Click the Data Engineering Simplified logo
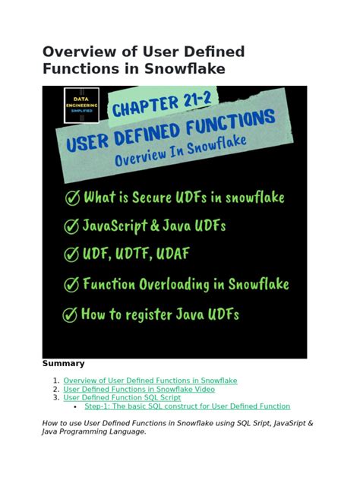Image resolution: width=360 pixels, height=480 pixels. tap(81, 106)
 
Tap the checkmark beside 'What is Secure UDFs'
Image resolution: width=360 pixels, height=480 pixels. tap(73, 197)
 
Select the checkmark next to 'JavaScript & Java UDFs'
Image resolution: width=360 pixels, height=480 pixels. tap(71, 226)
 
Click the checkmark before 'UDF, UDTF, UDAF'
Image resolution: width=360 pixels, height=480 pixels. tap(71, 254)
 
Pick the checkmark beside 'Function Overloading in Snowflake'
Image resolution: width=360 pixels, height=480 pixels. tap(71, 284)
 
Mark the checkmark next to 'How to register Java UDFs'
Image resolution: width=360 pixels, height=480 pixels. tap(70, 314)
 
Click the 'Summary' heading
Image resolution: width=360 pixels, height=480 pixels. tap(63, 363)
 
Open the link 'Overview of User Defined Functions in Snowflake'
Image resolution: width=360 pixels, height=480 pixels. tap(150, 381)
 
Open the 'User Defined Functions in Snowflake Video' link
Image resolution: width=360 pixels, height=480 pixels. tap(139, 389)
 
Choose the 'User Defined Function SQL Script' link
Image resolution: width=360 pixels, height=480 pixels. tap(122, 398)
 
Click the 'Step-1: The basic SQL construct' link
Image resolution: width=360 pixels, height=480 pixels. tap(188, 406)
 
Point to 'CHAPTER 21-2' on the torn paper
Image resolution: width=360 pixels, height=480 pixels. tap(162, 105)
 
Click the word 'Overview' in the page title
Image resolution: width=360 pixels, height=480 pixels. tap(80, 52)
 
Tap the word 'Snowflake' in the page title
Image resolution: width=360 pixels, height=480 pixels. tap(185, 68)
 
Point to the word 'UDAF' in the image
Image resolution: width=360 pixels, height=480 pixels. tap(173, 254)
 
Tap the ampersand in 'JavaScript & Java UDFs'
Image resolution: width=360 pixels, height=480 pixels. tap(155, 226)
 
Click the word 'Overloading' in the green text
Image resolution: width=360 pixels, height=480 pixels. tap(174, 285)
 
